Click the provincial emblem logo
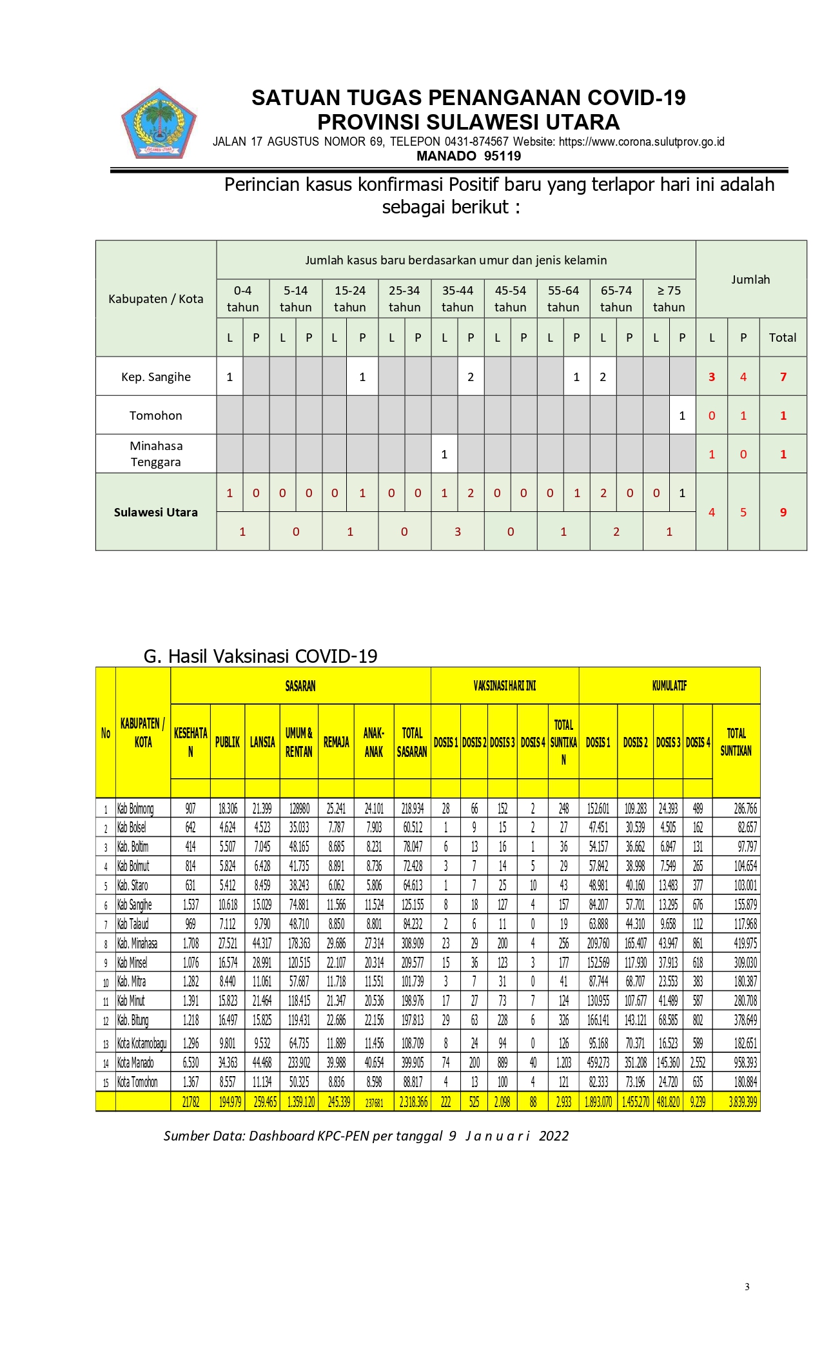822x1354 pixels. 159,124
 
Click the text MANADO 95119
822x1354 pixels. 468,156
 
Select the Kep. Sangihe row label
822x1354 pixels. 156,377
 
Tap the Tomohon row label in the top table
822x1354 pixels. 156,416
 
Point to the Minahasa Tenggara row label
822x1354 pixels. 156,454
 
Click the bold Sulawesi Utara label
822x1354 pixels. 156,513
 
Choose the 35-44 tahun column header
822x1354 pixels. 457,299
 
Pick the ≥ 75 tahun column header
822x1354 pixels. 669,299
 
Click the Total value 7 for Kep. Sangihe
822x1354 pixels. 783,377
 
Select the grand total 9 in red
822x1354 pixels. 783,513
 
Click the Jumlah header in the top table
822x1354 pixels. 750,280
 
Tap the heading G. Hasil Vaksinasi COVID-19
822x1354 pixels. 260,656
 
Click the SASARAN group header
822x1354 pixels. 300,686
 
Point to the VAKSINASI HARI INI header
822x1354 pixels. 505,686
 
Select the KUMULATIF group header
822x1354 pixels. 669,686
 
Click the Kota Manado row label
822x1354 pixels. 136,1063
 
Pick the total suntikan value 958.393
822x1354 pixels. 745,1063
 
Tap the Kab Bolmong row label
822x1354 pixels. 135,809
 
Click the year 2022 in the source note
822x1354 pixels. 554,1136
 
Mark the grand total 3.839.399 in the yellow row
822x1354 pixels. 743,1102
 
